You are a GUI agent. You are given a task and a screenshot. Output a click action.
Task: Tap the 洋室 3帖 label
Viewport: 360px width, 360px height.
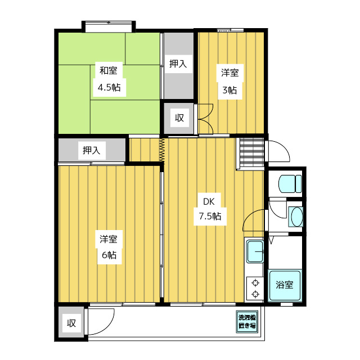[230, 82]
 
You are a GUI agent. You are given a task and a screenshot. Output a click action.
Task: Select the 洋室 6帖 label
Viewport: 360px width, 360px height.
[109, 247]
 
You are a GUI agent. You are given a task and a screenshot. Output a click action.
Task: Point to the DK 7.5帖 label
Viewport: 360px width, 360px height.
[210, 209]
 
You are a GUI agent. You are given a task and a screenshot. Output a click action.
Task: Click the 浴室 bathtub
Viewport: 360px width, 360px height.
[285, 285]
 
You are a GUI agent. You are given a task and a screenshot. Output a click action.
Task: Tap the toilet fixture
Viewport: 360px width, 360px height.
[290, 184]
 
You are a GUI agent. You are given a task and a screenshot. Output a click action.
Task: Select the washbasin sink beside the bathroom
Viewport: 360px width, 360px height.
[296, 217]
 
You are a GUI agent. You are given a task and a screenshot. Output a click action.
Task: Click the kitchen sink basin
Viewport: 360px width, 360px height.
[255, 251]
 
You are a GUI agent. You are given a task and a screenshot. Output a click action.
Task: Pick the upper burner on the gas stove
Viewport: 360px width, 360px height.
[255, 283]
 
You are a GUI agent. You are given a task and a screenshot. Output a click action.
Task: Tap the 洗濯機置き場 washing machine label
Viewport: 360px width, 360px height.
[247, 322]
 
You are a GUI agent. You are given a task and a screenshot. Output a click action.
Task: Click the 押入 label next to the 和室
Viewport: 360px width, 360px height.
[178, 64]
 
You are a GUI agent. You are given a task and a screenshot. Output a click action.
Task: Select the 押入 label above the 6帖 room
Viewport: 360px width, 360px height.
[92, 150]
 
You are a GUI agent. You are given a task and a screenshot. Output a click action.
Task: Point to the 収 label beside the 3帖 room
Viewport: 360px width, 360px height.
[179, 118]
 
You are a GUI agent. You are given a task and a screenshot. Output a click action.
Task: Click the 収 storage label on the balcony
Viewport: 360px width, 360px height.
[71, 323]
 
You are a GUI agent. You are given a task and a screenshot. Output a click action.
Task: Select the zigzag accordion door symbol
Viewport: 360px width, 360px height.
[162, 150]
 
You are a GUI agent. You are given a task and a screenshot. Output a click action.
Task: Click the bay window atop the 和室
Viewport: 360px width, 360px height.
[109, 26]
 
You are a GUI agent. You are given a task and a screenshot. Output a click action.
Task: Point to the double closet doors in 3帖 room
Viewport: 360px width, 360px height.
[206, 119]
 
